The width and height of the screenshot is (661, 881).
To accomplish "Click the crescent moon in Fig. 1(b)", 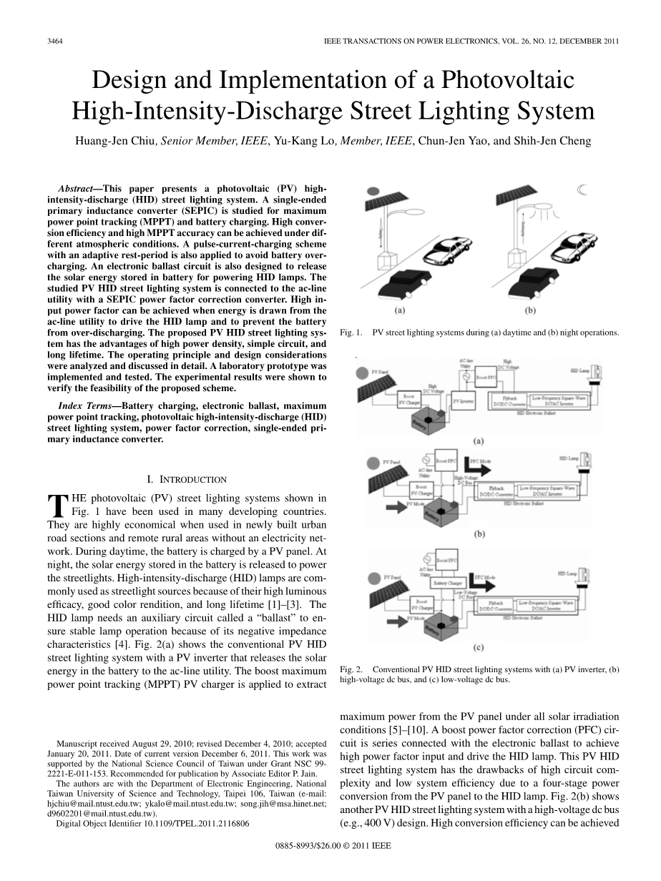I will (582, 190).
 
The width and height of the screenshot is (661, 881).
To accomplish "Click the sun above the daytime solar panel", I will (373, 192).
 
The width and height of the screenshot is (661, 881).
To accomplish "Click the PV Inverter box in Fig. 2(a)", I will (462, 403).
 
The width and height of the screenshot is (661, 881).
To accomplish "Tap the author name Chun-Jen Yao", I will (452, 140).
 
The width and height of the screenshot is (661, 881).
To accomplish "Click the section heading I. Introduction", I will (186, 479).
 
